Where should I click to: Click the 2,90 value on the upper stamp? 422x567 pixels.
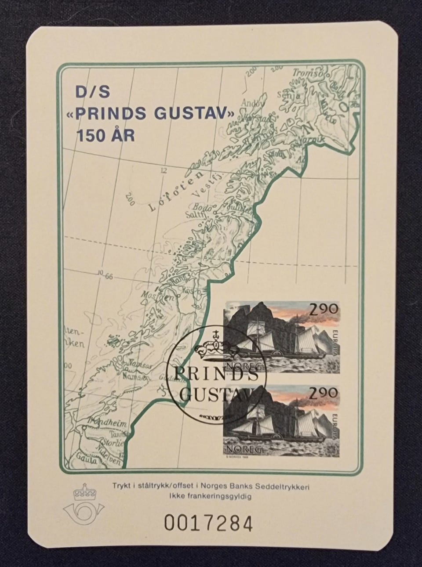(x=326, y=309)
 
